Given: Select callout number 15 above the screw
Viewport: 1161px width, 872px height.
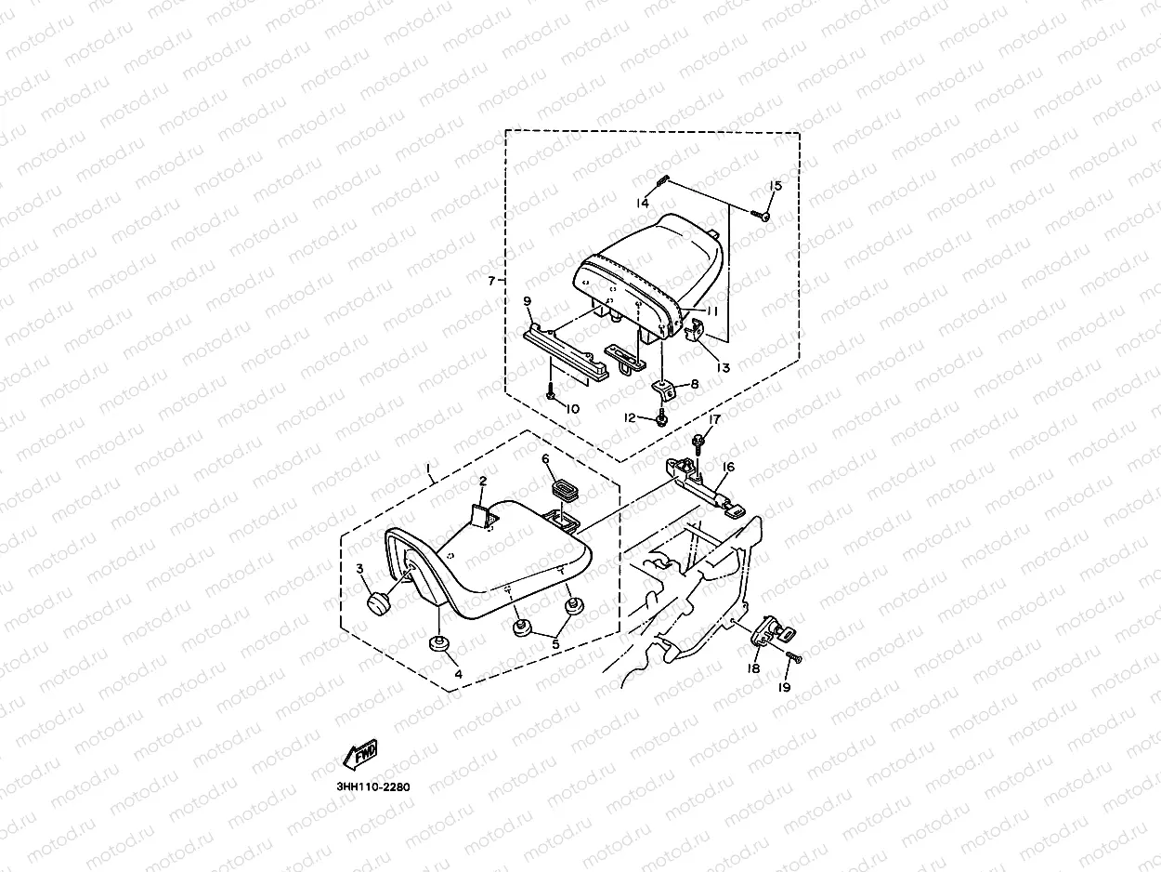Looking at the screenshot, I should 776,186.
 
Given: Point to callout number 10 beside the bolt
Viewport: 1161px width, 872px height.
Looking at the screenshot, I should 572,408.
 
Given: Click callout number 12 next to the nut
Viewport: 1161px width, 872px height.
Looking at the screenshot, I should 631,418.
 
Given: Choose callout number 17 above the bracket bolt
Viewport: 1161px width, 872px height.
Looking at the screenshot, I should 713,420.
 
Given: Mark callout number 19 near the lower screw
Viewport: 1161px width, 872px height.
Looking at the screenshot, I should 784,688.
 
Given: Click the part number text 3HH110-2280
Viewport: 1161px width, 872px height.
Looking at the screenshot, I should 373,786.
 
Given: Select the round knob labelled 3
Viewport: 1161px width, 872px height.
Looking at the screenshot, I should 380,602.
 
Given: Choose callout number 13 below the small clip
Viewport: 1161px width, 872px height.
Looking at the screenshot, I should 723,367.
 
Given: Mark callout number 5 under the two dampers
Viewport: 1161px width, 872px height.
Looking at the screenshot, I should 556,641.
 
